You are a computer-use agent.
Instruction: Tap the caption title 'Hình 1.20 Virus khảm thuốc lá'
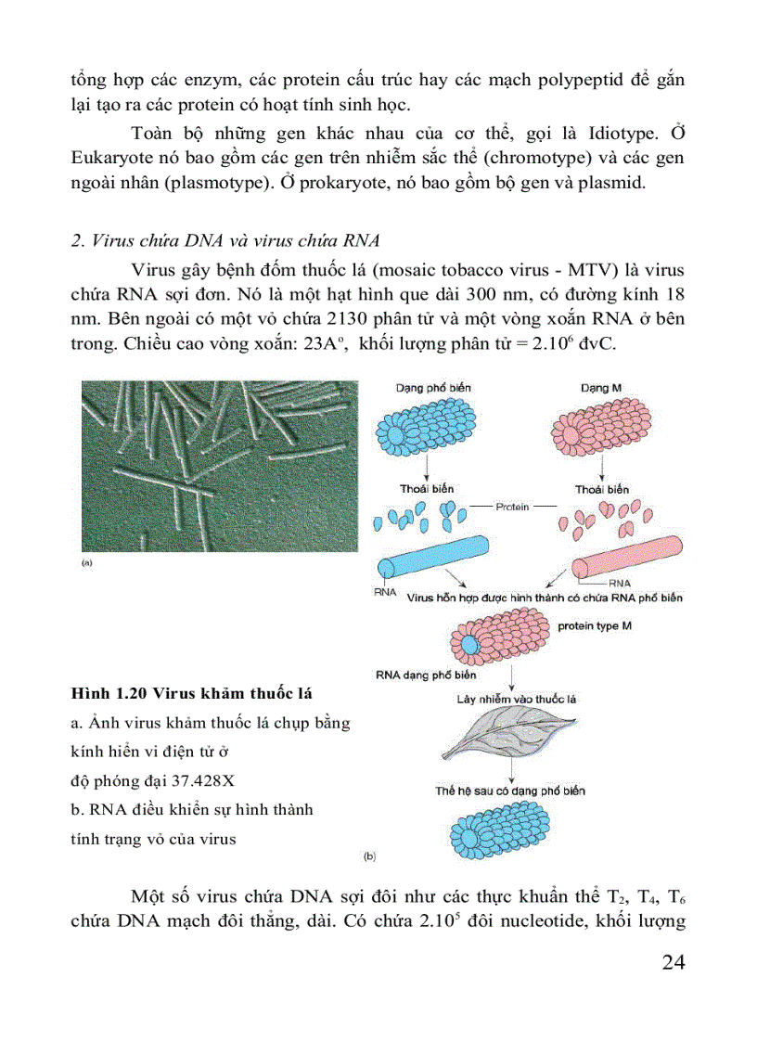coord(191,693)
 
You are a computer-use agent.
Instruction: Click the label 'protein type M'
coord(595,626)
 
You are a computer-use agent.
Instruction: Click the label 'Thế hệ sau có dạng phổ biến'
coord(510,791)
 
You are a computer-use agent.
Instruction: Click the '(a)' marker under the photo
coord(87,562)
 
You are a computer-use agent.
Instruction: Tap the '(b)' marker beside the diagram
coord(369,856)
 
